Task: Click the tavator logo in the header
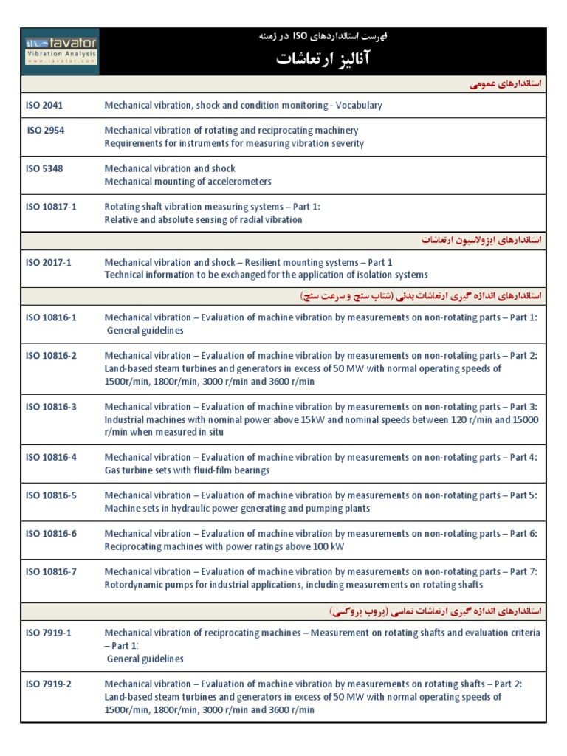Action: pos(60,52)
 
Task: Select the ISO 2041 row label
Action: pos(44,106)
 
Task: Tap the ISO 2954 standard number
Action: pos(45,131)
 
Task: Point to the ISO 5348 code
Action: pos(44,169)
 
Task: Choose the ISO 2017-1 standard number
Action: pos(48,263)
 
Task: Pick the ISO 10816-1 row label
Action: pos(51,317)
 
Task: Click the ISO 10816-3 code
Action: pos(51,407)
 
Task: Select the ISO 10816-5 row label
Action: pos(51,495)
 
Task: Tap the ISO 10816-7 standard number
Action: pos(51,572)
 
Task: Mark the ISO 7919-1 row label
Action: pos(48,633)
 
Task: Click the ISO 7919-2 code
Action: pos(48,684)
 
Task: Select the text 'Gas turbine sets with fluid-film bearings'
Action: pos(187,470)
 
